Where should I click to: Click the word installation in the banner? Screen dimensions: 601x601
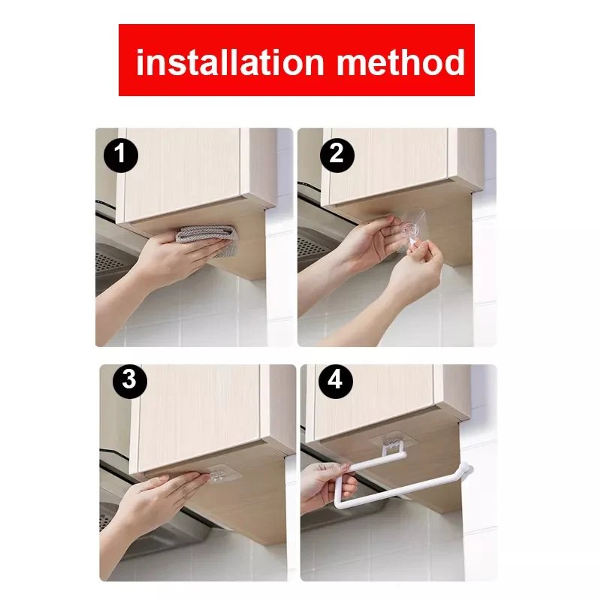pos(230,62)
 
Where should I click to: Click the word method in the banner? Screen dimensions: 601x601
pos(400,62)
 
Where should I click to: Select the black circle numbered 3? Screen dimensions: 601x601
pos(128,379)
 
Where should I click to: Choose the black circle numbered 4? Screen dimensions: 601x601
pos(335,381)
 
